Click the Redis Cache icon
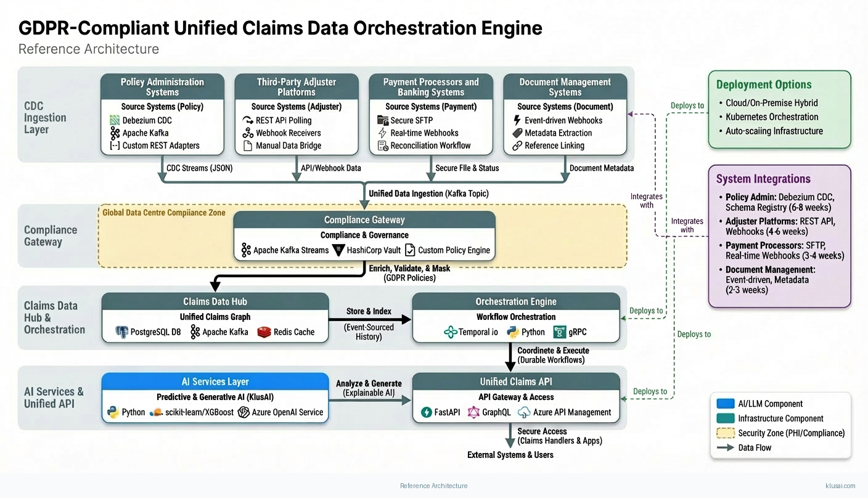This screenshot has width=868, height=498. click(x=264, y=332)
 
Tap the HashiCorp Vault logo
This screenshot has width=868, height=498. click(x=338, y=250)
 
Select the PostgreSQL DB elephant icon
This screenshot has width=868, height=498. click(x=122, y=332)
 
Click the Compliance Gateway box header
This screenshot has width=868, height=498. click(x=364, y=220)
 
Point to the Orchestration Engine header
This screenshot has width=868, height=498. click(x=516, y=301)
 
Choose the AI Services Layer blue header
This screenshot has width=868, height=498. click(x=215, y=382)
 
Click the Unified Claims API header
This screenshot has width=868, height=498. click(x=516, y=382)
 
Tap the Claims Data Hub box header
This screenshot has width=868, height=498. click(x=215, y=301)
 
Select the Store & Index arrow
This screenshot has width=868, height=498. click(x=369, y=319)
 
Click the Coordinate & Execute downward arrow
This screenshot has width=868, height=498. click(x=510, y=356)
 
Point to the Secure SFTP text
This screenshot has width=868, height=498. click(x=412, y=120)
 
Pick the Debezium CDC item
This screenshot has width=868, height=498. click(x=147, y=120)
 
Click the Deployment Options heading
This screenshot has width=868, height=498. click(x=764, y=85)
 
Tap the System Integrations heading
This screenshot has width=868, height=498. click(x=763, y=179)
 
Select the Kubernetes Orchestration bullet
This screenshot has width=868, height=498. click(x=772, y=116)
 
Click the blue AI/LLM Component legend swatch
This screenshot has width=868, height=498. click(x=726, y=404)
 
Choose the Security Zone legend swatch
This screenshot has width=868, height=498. click(x=726, y=433)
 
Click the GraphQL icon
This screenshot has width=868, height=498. click(x=473, y=412)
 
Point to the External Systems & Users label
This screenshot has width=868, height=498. click(x=510, y=455)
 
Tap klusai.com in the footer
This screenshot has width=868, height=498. click(x=840, y=486)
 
